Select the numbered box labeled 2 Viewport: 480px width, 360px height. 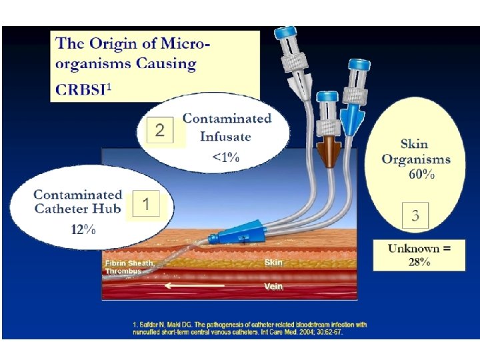tap(159, 130)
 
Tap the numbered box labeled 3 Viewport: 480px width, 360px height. tap(415, 215)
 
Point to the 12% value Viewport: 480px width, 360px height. tap(83, 229)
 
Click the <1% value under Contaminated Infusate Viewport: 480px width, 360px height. tap(225, 157)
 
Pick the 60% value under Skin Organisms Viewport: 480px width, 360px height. tap(421, 175)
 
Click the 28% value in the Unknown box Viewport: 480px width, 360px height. tap(419, 261)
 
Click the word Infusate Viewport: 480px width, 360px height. tap(225, 136)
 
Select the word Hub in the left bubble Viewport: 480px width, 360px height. tap(108, 208)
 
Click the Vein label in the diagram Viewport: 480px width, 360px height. tap(273, 286)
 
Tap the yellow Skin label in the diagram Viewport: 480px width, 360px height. tap(273, 262)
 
